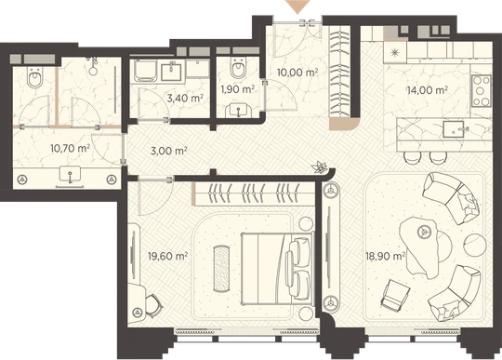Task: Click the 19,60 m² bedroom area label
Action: pos(167,256)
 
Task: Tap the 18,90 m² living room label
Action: pos(386,256)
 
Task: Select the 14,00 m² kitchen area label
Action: pos(427,90)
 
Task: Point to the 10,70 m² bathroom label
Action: pos(70,148)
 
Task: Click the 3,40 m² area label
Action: pos(185,98)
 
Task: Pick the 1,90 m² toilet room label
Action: pos(238,88)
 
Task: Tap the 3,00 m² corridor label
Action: pos(168,150)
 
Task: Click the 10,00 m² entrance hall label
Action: pos(297,72)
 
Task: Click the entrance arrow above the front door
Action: pos(298,7)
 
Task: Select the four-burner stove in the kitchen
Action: pos(481,91)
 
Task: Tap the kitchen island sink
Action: pos(454,129)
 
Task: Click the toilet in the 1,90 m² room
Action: pos(238,68)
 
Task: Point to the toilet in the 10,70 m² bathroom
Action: pos(34,77)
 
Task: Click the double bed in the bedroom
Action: pos(277,268)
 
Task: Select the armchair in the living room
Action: pos(396,295)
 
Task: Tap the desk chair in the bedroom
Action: pos(153,306)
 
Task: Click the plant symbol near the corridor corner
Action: pos(320,167)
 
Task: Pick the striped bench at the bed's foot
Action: pos(221,269)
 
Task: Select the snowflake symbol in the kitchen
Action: pos(395,52)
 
